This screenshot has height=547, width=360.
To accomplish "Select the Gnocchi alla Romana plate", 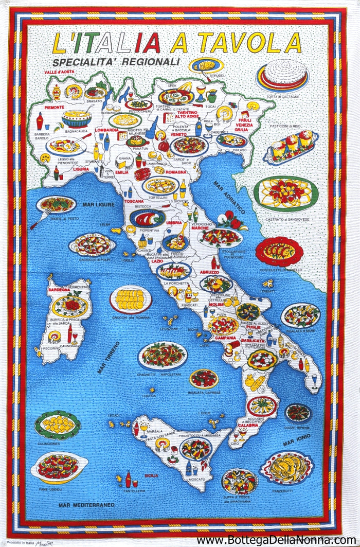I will click(131, 298).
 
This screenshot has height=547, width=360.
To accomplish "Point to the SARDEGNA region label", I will click(59, 290).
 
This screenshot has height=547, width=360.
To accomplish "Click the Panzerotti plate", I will click(286, 467).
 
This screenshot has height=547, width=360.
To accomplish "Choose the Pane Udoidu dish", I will click(59, 466).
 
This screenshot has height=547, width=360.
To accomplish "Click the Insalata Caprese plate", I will click(204, 379).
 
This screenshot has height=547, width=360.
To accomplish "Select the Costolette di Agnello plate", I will click(279, 251).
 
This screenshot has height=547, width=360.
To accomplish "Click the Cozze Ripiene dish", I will click(298, 412).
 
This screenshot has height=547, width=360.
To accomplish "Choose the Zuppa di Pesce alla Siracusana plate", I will click(239, 481).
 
